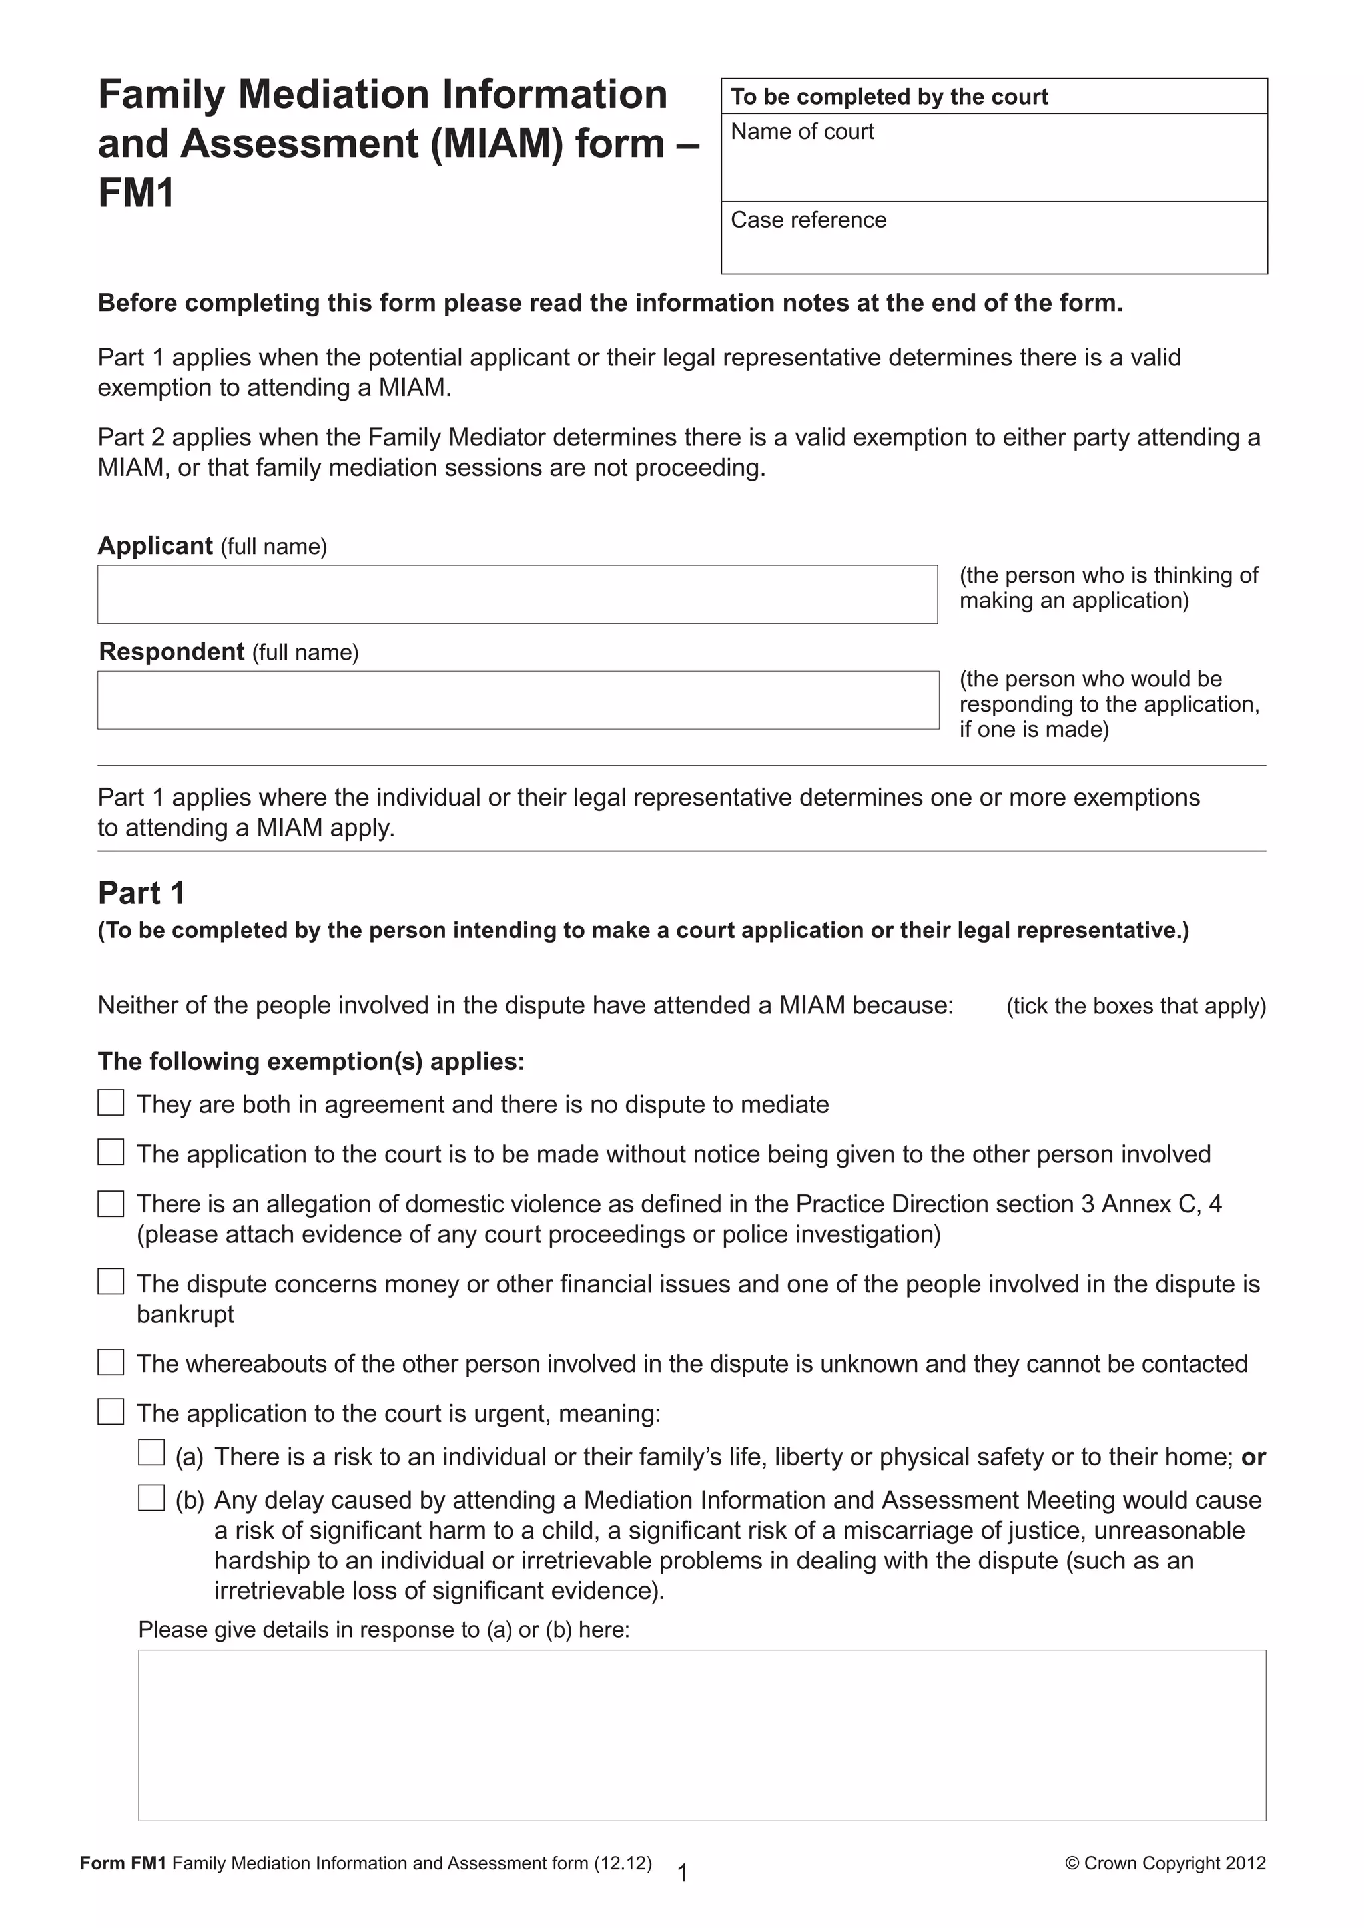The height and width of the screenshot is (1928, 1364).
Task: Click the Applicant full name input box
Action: click(x=517, y=594)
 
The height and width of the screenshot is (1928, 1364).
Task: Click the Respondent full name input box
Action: click(x=517, y=700)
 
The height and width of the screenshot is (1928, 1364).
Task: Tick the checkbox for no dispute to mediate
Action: click(x=111, y=1102)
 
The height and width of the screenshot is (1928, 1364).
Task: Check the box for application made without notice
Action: click(x=111, y=1152)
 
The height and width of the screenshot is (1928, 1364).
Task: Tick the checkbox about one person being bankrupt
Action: click(x=111, y=1282)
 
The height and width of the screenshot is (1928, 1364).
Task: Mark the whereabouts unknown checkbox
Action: click(x=111, y=1362)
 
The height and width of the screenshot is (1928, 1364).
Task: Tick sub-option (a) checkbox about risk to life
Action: click(x=151, y=1453)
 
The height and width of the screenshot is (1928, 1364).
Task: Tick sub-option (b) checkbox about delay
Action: click(x=151, y=1497)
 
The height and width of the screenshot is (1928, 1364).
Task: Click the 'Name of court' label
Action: click(x=802, y=132)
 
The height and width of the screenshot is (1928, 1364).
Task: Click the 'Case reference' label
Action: click(x=808, y=220)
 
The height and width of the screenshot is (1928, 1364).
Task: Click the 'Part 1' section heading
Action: click(x=141, y=893)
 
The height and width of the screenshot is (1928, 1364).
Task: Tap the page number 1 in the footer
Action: click(x=683, y=1873)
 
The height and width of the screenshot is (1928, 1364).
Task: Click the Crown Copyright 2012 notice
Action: click(x=1165, y=1863)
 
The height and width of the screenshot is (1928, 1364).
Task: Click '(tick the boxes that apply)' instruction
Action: click(x=1136, y=1006)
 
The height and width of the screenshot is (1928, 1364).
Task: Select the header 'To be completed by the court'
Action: click(x=888, y=97)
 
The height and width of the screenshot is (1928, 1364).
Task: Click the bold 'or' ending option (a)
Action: click(x=1253, y=1457)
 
